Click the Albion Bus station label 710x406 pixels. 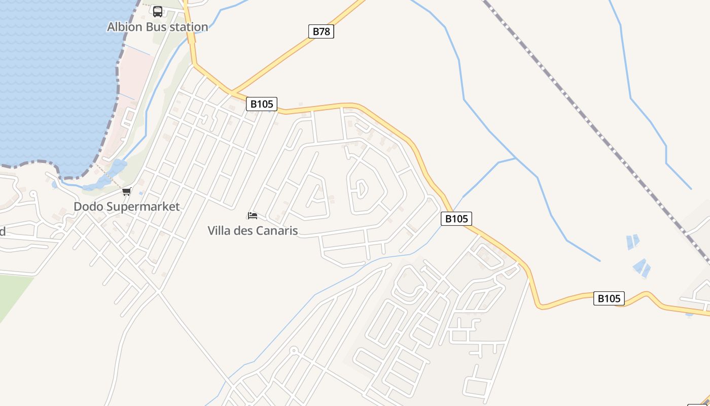point(157,27)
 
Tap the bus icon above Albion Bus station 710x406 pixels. point(158,11)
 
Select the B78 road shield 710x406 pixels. point(321,31)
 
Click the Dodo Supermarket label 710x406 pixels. point(126,207)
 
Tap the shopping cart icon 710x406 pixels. point(127,191)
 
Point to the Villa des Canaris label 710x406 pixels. point(253,230)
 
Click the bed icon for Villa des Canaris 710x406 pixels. point(253,216)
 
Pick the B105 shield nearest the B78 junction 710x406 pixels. point(262,104)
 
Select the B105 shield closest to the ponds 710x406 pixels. point(609,298)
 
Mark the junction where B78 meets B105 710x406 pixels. point(232,92)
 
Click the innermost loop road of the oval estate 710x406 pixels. point(361,189)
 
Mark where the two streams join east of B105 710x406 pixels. point(516,158)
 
